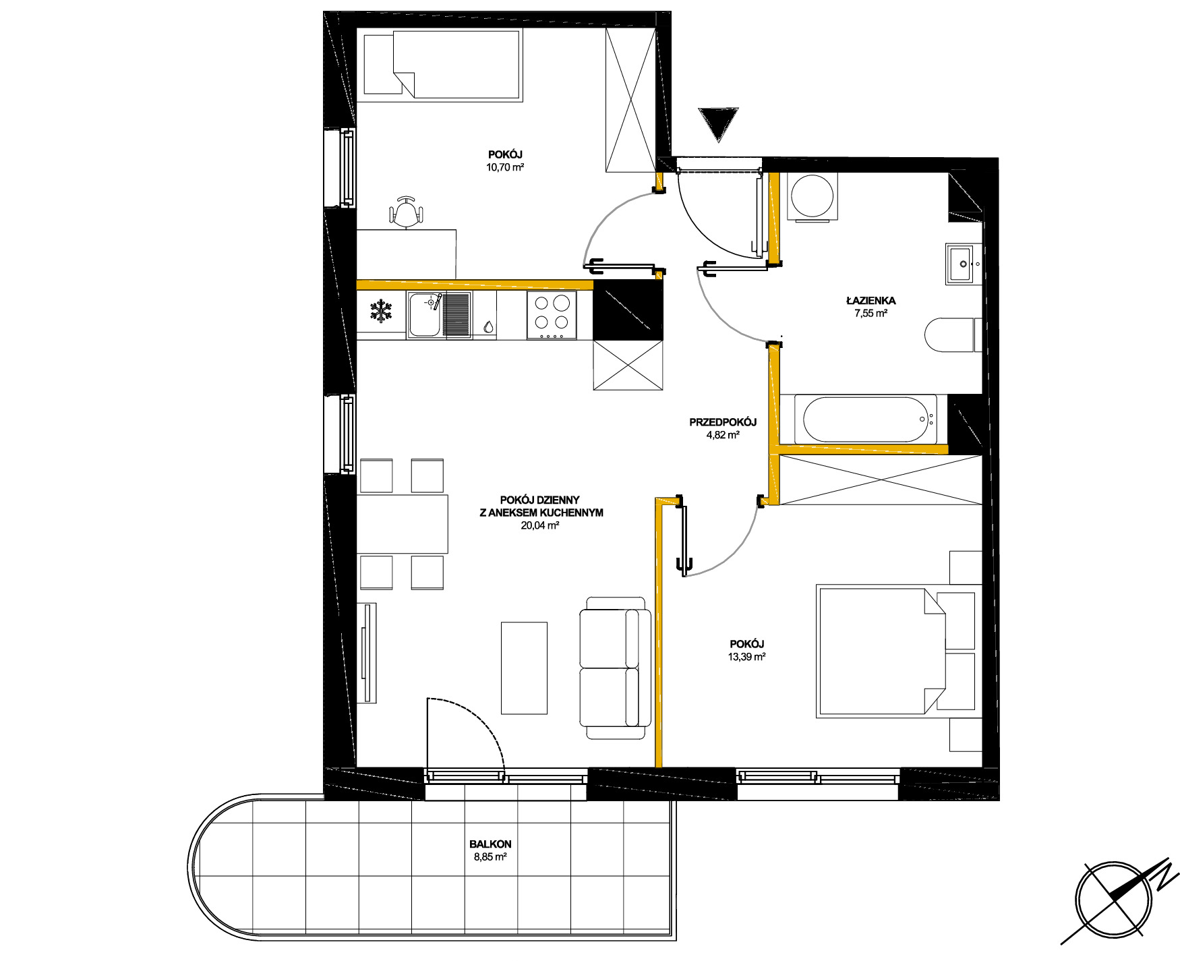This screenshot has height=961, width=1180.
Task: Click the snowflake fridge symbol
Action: pos(381,312)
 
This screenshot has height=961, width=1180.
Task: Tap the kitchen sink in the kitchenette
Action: pos(438,314)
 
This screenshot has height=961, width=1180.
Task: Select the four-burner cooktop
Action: pos(552,314)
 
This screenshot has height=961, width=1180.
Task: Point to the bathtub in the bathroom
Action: pos(866,420)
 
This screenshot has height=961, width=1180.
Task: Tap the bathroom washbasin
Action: pos(963,264)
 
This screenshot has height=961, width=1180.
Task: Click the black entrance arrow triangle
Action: pos(719,124)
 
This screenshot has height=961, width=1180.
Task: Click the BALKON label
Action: pos(490,844)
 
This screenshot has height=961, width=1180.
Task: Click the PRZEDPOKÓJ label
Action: pos(723,422)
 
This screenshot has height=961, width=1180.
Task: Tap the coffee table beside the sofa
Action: pos(524,668)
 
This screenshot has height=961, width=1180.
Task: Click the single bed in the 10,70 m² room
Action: pos(442,65)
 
